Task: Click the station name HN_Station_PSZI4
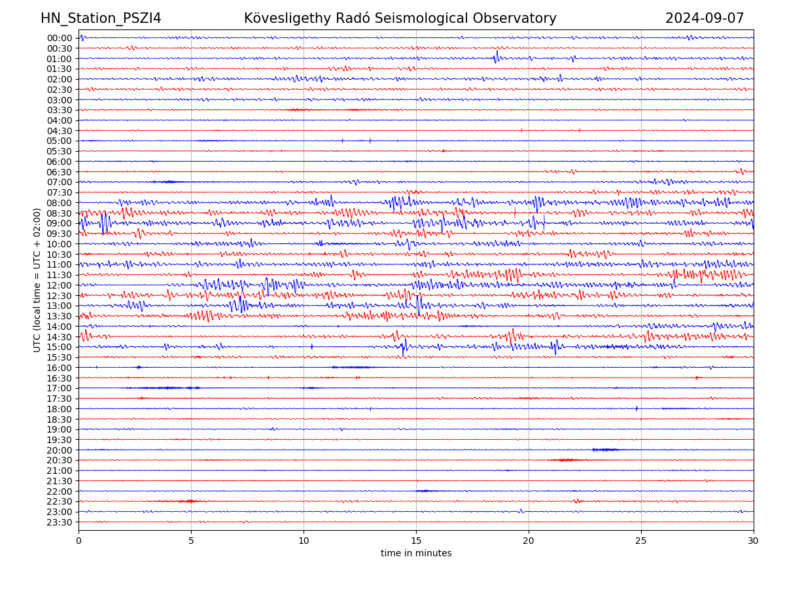[x=101, y=18]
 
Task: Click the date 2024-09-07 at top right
[x=705, y=18]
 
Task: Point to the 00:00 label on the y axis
[x=60, y=38]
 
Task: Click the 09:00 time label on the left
[x=60, y=223]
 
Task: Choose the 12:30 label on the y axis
[x=60, y=296]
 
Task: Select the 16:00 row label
[x=60, y=368]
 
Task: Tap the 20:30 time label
[x=60, y=460]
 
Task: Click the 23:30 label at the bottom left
[x=60, y=522]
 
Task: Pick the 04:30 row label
[x=60, y=131]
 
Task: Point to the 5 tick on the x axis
[x=191, y=541]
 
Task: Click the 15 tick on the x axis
[x=416, y=541]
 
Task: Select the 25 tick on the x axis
[x=641, y=541]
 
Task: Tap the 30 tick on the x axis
[x=754, y=541]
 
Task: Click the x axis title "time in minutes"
[x=416, y=554]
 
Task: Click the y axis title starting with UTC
[x=37, y=280]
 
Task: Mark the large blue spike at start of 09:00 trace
[x=104, y=223]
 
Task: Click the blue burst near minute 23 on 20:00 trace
[x=605, y=450]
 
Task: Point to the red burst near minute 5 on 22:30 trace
[x=188, y=501]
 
